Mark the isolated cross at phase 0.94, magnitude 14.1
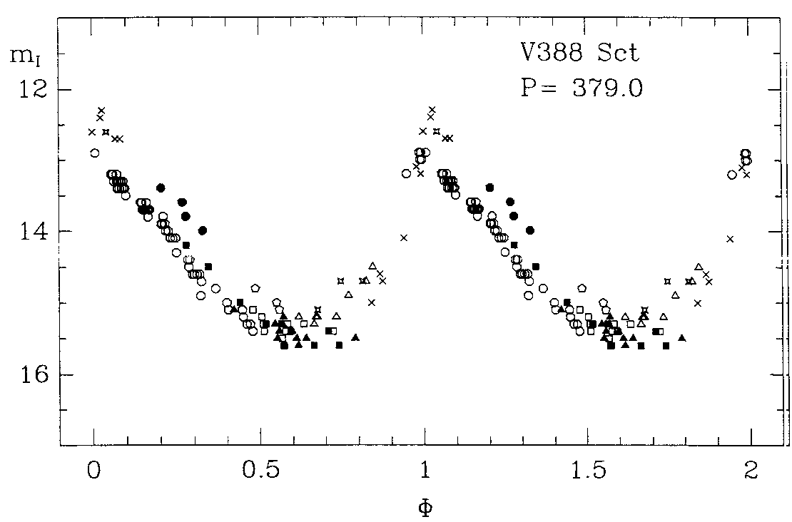tap(404, 237)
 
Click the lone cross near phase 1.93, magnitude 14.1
tap(730, 239)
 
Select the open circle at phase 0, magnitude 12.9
tap(94, 153)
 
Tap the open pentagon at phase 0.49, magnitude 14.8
tap(255, 288)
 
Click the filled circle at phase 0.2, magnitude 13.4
tap(161, 188)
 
